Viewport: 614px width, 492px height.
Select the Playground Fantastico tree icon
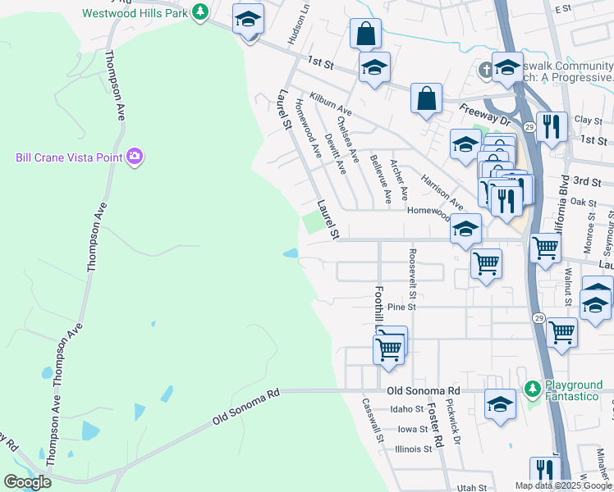click(x=533, y=386)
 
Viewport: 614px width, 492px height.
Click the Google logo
click(x=27, y=482)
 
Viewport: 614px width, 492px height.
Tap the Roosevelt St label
click(x=413, y=274)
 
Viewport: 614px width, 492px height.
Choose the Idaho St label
click(x=406, y=408)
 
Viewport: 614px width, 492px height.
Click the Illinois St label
click(x=414, y=449)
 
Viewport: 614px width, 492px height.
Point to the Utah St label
click(x=473, y=487)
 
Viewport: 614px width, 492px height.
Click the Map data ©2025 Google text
click(x=563, y=485)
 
